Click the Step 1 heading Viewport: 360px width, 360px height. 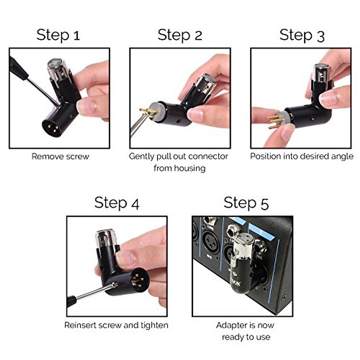click(x=58, y=35)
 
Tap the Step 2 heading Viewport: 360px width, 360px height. click(x=180, y=35)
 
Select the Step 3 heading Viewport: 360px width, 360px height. click(x=302, y=35)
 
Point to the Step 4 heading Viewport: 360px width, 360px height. click(x=117, y=203)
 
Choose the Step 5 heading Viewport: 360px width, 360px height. click(x=246, y=203)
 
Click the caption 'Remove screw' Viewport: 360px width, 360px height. click(x=60, y=157)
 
